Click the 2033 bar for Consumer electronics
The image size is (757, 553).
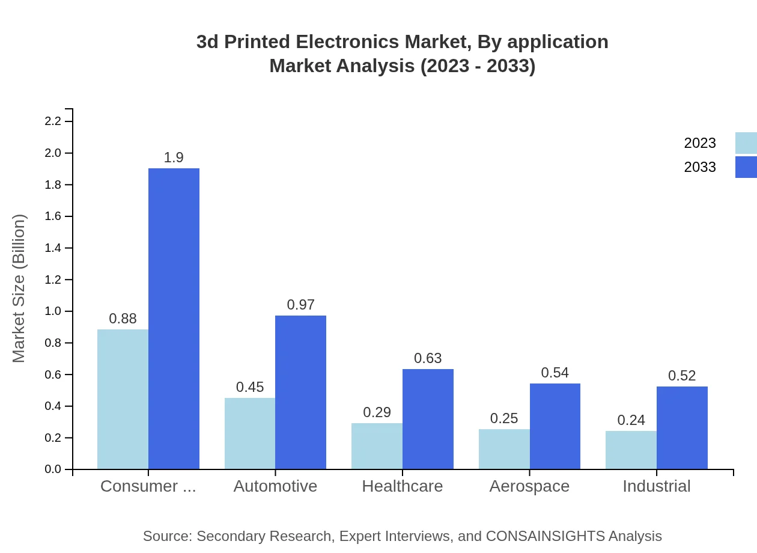[174, 319]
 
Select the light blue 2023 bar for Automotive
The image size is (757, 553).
[250, 433]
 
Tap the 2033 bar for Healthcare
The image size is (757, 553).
[428, 419]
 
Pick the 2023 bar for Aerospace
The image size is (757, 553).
[504, 449]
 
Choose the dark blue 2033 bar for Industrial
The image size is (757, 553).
[682, 427]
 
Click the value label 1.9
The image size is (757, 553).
[174, 157]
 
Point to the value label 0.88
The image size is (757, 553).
[123, 319]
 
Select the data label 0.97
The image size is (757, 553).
[300, 305]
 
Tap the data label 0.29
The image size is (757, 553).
[377, 412]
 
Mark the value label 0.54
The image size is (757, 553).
[555, 373]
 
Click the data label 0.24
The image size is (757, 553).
[631, 420]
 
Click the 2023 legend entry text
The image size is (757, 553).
[700, 143]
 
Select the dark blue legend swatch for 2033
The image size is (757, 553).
[746, 167]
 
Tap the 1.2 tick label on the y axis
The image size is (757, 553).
[53, 280]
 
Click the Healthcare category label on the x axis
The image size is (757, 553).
[402, 486]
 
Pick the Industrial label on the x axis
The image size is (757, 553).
[656, 486]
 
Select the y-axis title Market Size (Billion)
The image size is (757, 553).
[19, 289]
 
